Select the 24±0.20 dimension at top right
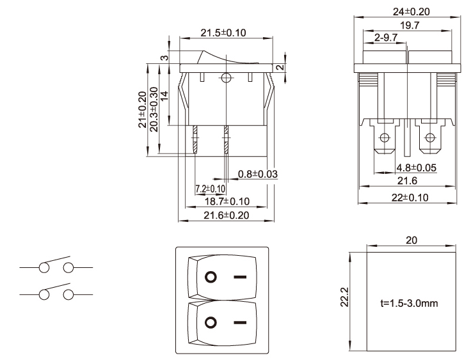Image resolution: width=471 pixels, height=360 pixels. (408, 10)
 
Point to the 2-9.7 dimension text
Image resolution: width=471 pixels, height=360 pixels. (387, 38)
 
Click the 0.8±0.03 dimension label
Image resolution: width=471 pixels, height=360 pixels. (257, 174)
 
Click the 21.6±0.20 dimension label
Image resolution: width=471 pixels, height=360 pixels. (227, 215)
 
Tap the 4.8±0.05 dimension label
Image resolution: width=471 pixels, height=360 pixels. (416, 168)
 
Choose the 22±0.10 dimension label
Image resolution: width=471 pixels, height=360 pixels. (409, 197)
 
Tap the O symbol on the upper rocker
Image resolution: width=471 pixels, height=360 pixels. (209, 278)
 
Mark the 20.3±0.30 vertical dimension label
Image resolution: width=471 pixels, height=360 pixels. (154, 109)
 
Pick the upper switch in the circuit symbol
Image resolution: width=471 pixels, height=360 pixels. (56, 264)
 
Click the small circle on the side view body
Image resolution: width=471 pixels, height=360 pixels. (225, 79)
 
